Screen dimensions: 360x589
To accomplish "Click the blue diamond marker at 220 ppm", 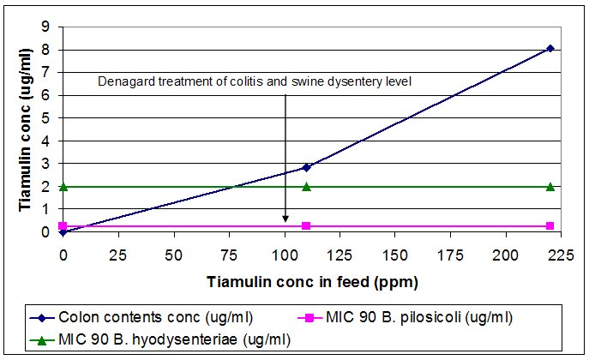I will pos(550,49).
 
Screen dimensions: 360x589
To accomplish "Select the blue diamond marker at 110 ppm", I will pos(306,167).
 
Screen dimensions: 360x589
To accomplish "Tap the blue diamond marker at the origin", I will pos(63,231).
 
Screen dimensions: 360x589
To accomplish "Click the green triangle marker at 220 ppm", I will pos(550,186).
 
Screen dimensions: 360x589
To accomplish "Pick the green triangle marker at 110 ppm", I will pos(306,186).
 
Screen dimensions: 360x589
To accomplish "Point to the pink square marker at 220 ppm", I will pos(550,225).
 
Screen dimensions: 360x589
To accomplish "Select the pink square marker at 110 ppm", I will pos(306,225).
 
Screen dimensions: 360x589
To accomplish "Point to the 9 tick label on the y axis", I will pos(45,27).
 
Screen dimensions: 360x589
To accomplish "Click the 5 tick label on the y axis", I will pos(45,117).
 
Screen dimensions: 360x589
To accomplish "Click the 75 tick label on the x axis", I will pos(229,255).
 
